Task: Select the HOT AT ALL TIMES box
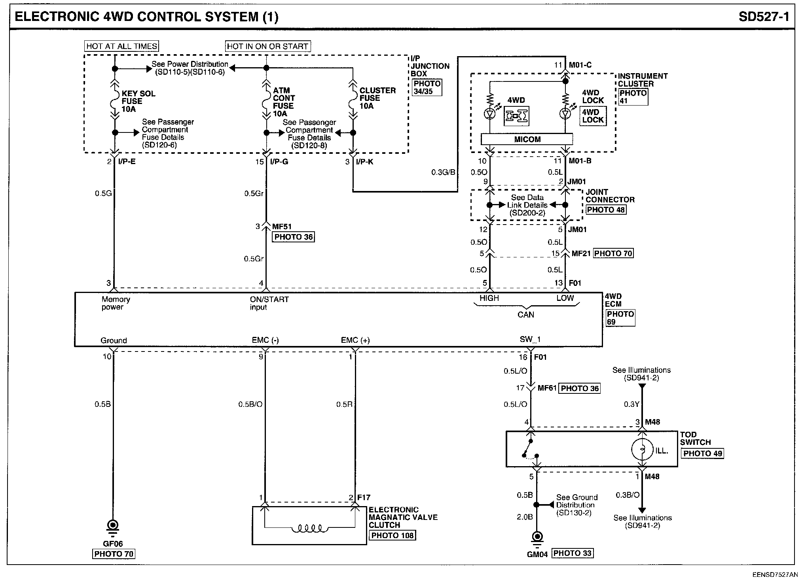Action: click(x=122, y=46)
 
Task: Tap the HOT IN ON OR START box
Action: click(x=267, y=46)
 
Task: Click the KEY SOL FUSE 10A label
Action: click(x=138, y=101)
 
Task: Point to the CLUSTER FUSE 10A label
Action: click(x=377, y=98)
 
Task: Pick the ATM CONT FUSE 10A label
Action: click(x=284, y=102)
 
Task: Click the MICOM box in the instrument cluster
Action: click(x=527, y=139)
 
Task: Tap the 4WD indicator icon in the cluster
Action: click(x=516, y=116)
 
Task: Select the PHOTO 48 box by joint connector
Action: click(x=606, y=210)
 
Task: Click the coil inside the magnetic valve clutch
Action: click(x=310, y=528)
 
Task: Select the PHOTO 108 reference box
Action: click(x=393, y=535)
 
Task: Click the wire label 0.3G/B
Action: click(x=443, y=172)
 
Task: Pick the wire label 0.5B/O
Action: click(x=250, y=404)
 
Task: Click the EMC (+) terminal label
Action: click(x=355, y=340)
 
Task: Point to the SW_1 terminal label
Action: click(x=530, y=340)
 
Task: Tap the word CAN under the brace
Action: click(x=526, y=315)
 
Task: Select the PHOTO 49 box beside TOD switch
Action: click(x=702, y=454)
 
